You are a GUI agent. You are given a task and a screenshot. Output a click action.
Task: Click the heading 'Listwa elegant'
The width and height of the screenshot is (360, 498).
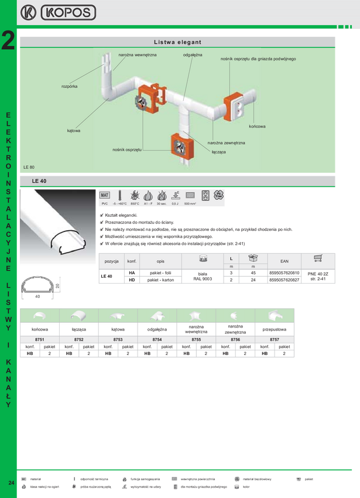click(x=177, y=42)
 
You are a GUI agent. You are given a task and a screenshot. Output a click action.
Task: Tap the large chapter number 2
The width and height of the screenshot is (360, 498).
click(x=8, y=42)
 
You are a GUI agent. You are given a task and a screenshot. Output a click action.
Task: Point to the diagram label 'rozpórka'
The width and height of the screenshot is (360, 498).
click(x=69, y=86)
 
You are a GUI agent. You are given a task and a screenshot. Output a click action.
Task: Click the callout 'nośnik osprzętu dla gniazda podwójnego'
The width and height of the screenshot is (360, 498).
click(x=258, y=59)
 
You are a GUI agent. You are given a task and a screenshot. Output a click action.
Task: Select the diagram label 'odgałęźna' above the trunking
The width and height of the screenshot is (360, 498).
click(x=193, y=54)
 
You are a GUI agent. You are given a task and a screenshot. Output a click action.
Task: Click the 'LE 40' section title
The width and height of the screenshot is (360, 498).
click(x=39, y=181)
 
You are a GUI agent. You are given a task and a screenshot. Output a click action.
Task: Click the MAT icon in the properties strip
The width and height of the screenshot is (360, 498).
click(x=105, y=195)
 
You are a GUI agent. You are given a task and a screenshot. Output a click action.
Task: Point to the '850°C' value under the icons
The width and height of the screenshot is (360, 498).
click(x=134, y=204)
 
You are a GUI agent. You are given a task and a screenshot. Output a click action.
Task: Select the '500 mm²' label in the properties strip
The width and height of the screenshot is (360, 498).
click(x=190, y=204)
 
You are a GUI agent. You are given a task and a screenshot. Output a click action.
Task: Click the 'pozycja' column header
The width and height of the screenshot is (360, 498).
click(x=112, y=261)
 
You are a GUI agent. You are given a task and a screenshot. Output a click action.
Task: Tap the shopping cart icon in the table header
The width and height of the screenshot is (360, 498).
click(x=318, y=258)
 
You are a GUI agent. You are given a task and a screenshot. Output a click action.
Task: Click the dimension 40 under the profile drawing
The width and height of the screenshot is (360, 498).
click(x=37, y=296)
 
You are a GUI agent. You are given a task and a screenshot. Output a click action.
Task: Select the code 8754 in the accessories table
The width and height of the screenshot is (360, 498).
click(x=157, y=339)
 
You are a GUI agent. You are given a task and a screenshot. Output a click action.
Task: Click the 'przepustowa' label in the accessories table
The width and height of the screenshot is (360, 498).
click(x=275, y=329)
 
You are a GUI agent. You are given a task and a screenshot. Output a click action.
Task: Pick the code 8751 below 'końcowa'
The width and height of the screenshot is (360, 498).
click(x=39, y=339)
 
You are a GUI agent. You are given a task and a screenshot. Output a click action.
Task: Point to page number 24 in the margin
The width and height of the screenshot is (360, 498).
click(x=11, y=482)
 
